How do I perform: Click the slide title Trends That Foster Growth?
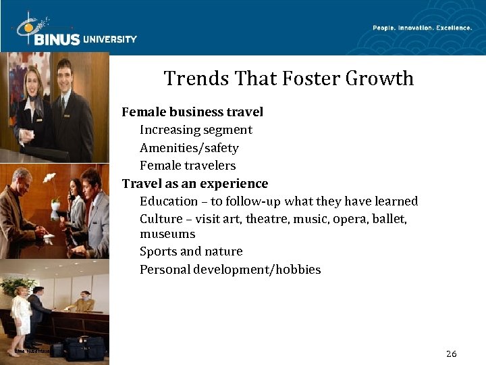[288, 79]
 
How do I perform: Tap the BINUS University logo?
[76, 32]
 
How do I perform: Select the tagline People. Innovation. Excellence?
[422, 28]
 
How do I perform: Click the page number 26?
[452, 354]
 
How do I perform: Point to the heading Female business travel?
[192, 112]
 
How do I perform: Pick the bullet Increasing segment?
[196, 130]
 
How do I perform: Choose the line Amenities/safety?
[189, 148]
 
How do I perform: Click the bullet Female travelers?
[188, 166]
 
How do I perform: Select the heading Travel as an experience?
[195, 184]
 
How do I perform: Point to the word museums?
[167, 234]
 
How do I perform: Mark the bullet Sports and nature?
[191, 251]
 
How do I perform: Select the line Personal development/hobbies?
[230, 270]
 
